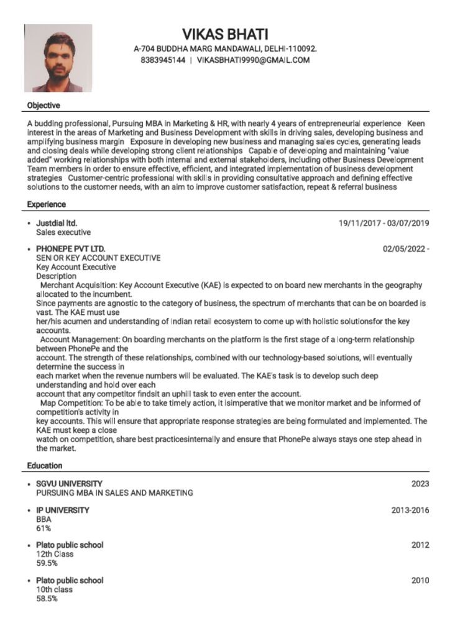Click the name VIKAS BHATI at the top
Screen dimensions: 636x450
pyautogui.click(x=225, y=34)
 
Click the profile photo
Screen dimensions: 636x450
pyautogui.click(x=58, y=58)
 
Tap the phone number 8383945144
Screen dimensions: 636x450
pyautogui.click(x=163, y=60)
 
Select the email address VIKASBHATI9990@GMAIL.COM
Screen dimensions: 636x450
pyautogui.click(x=253, y=60)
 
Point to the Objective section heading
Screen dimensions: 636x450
pyautogui.click(x=44, y=106)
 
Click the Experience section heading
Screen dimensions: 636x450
pyautogui.click(x=47, y=204)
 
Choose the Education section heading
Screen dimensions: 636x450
pyautogui.click(x=45, y=465)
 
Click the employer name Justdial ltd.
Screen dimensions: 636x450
pyautogui.click(x=57, y=223)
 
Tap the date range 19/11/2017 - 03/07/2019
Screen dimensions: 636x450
pyautogui.click(x=383, y=223)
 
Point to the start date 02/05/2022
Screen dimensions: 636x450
pyautogui.click(x=405, y=249)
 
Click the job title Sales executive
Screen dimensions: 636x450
pyautogui.click(x=63, y=232)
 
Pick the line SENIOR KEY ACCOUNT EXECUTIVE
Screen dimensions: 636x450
pyautogui.click(x=98, y=258)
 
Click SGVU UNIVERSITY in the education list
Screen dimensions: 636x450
pyautogui.click(x=70, y=484)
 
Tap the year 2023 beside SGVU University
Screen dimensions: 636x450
pyautogui.click(x=420, y=484)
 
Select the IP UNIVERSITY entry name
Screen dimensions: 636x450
pyautogui.click(x=63, y=510)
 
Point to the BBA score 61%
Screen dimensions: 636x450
pyautogui.click(x=44, y=529)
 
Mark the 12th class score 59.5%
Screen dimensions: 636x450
pyautogui.click(x=47, y=563)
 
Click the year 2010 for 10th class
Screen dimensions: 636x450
pyautogui.click(x=420, y=581)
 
